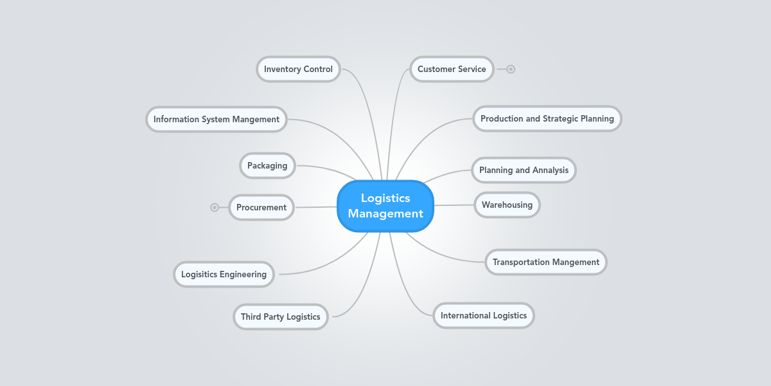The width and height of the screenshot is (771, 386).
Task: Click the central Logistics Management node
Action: [x=385, y=206]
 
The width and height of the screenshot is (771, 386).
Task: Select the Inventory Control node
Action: [x=298, y=69]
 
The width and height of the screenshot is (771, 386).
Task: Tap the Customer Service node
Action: [x=452, y=69]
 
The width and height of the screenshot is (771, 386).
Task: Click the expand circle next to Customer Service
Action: [x=511, y=69]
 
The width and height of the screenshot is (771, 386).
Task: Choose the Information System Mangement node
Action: [x=216, y=119]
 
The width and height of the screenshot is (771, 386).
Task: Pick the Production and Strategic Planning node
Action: [x=547, y=118]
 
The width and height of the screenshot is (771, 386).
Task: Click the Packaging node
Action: [x=267, y=165]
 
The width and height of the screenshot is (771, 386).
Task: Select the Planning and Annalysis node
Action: [x=524, y=170]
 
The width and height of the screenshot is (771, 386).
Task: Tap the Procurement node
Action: [x=261, y=207]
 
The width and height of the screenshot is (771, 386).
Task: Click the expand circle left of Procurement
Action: [x=215, y=207]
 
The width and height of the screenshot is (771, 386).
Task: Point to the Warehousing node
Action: [x=507, y=205]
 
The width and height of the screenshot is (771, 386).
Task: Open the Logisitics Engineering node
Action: [x=224, y=274]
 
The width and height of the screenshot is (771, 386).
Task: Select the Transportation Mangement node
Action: [x=545, y=262]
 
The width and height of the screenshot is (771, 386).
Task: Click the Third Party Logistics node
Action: [x=280, y=317]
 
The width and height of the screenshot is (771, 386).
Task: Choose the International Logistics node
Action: [x=483, y=315]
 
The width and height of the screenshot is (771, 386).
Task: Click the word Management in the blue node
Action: [x=385, y=214]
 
